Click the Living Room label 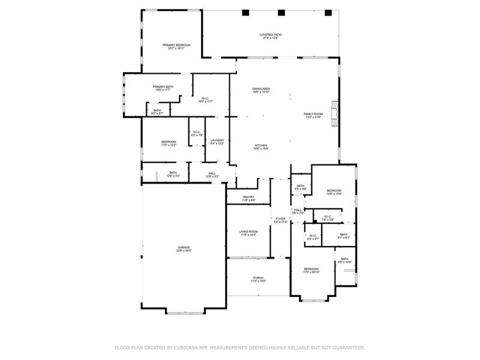click(248, 232)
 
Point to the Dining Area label click(261, 90)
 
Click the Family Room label click(313, 115)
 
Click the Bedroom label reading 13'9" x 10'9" click(334, 191)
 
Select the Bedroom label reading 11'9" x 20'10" click(311, 270)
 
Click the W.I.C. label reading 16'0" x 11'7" click(205, 100)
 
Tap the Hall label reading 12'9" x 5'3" click(212, 175)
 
